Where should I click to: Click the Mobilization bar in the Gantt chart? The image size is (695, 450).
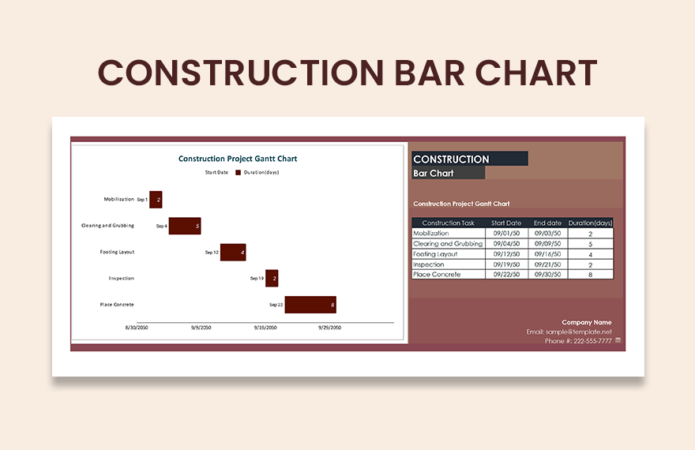pyautogui.click(x=156, y=200)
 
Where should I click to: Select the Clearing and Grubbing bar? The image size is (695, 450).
pyautogui.click(x=185, y=226)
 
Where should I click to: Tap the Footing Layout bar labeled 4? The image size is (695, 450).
pyautogui.click(x=232, y=253)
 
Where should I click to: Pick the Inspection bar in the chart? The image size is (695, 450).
pyautogui.click(x=272, y=278)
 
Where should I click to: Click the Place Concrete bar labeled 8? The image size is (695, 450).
pyautogui.click(x=310, y=305)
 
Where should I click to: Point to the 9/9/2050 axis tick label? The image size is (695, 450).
pyautogui.click(x=201, y=327)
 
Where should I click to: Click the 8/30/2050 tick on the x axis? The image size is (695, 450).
pyautogui.click(x=137, y=327)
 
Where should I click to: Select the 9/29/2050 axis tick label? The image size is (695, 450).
pyautogui.click(x=329, y=327)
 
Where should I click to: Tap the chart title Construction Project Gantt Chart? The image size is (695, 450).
pyautogui.click(x=238, y=159)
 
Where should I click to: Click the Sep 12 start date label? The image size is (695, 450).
pyautogui.click(x=212, y=253)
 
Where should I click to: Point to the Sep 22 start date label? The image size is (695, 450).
pyautogui.click(x=276, y=305)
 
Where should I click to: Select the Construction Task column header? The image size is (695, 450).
pyautogui.click(x=448, y=223)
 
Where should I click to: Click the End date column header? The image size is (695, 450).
pyautogui.click(x=547, y=223)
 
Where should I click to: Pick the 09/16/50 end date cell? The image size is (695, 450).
pyautogui.click(x=547, y=254)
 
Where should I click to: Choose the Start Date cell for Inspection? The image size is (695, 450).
pyautogui.click(x=506, y=264)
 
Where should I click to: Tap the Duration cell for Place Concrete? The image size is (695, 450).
pyautogui.click(x=590, y=275)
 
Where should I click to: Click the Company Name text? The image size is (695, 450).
pyautogui.click(x=586, y=322)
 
